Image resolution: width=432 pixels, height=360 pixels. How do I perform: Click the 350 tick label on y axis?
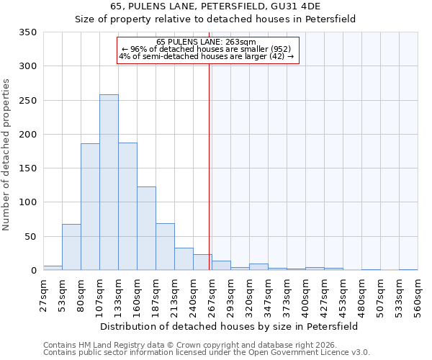28,32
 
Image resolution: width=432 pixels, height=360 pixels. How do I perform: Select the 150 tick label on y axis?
28,168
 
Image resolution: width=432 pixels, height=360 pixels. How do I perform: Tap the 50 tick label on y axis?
30,237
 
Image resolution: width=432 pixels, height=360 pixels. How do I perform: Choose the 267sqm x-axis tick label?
212,295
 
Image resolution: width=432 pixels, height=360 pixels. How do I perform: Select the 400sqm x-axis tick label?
305,295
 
